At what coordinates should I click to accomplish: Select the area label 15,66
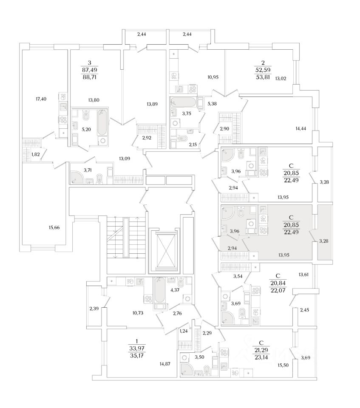point(54,228)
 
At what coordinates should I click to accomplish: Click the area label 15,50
point(283,365)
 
